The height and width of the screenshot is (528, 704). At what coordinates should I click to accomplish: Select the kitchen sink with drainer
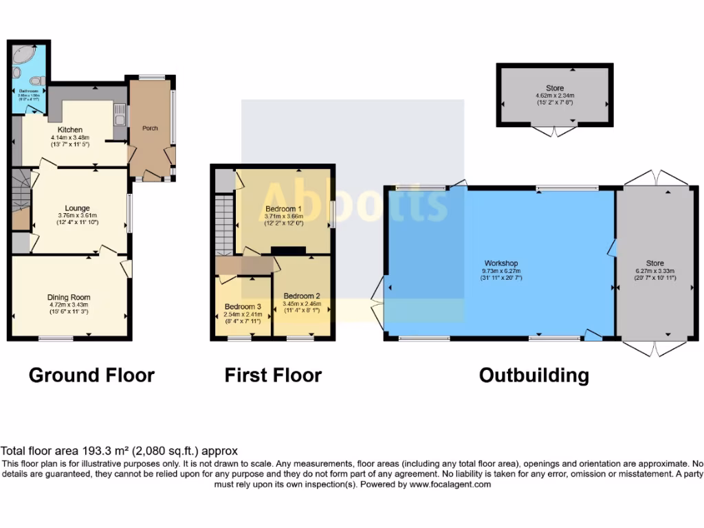pyautogui.click(x=120, y=114)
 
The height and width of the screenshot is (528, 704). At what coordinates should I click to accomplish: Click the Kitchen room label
pyautogui.click(x=70, y=129)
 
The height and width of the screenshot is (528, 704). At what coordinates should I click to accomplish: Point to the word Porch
pyautogui.click(x=150, y=128)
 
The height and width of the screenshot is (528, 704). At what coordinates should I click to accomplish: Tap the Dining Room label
pyautogui.click(x=69, y=298)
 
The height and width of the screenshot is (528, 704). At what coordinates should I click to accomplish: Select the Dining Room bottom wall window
pyautogui.click(x=56, y=338)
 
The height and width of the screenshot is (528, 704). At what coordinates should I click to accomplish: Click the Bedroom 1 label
pyautogui.click(x=283, y=208)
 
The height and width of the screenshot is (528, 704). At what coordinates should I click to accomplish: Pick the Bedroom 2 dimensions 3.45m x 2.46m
pyautogui.click(x=302, y=302)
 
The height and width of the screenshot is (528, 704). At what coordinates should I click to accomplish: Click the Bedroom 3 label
pyautogui.click(x=243, y=307)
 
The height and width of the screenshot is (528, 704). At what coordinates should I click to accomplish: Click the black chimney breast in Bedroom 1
pyautogui.click(x=288, y=250)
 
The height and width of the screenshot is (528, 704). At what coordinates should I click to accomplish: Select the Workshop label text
pyautogui.click(x=500, y=263)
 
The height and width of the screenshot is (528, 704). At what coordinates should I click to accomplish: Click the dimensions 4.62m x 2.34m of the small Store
pyautogui.click(x=555, y=96)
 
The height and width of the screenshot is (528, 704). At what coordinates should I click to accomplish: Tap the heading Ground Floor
pyautogui.click(x=91, y=375)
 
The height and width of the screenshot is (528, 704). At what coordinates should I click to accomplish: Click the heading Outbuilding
pyautogui.click(x=533, y=375)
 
